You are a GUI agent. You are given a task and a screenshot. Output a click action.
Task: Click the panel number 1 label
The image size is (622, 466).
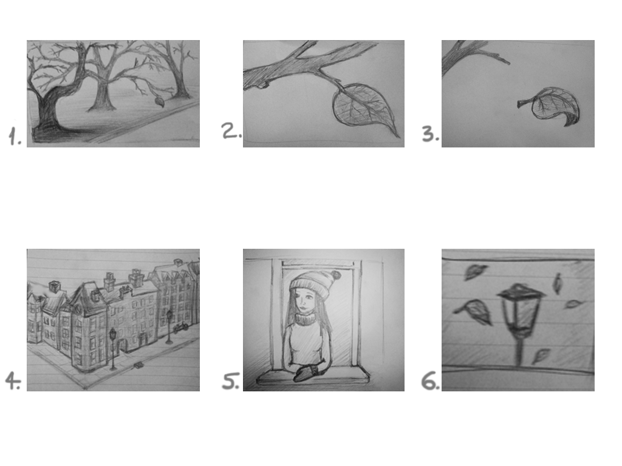(x=15, y=137)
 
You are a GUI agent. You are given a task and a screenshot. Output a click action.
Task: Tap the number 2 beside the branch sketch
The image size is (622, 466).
(x=231, y=131)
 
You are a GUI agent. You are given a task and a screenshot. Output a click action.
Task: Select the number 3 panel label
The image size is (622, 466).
(x=431, y=134)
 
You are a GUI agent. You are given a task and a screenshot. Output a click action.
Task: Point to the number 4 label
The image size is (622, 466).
(x=13, y=381)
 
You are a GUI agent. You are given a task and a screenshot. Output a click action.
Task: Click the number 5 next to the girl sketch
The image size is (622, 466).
(x=231, y=381)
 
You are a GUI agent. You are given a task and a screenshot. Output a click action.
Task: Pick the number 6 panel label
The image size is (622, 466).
(x=431, y=381)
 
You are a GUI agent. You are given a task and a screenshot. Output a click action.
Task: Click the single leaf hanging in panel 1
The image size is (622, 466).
(x=160, y=102)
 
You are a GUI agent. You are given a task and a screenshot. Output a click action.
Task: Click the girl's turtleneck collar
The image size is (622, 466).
(x=305, y=318)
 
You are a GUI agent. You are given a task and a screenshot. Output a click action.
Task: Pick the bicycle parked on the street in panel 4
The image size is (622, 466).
(x=181, y=327)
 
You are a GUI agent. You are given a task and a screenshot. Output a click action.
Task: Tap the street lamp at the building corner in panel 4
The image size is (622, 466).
(x=113, y=349)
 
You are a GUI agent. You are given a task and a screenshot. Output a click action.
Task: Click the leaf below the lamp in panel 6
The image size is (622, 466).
(x=541, y=356)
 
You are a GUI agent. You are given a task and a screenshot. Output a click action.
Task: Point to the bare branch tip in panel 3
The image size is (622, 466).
(x=508, y=62)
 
